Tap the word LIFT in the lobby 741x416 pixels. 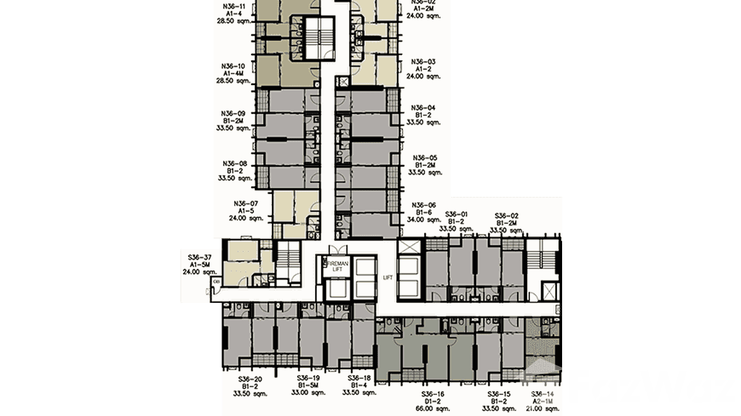pos(388,278)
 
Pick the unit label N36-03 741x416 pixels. pos(424,62)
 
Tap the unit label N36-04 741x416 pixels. pos(424,108)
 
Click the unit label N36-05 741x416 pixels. pos(426,157)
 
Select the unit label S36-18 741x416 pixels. pos(359,379)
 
